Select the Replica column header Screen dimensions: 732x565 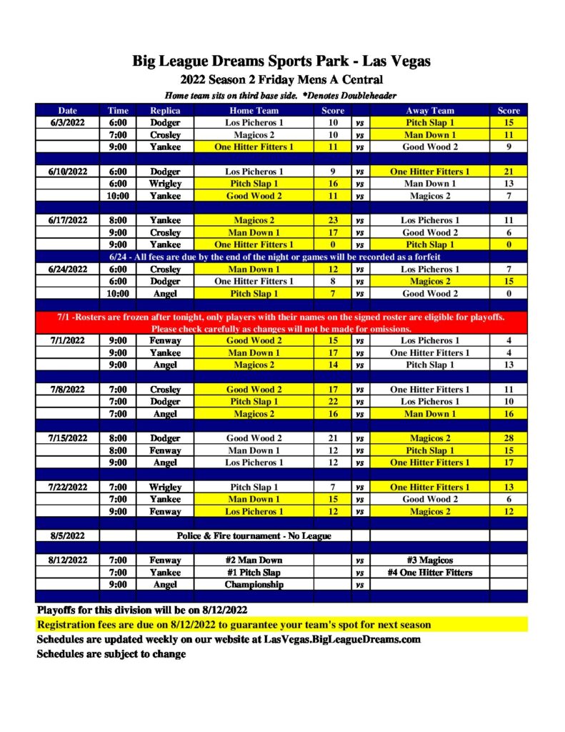pyautogui.click(x=165, y=111)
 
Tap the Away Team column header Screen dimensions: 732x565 pyautogui.click(x=430, y=111)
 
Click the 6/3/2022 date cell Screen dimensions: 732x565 pyautogui.click(x=67, y=123)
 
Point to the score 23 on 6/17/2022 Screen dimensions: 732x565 pyautogui.click(x=333, y=220)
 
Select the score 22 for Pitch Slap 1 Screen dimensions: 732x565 pyautogui.click(x=333, y=402)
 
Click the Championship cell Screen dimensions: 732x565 pyautogui.click(x=254, y=584)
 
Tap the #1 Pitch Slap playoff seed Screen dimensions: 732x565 pyautogui.click(x=254, y=572)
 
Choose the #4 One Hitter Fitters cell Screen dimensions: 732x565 pyautogui.click(x=430, y=572)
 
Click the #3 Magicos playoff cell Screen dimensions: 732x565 pyautogui.click(x=430, y=560)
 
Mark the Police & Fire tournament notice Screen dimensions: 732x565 pyautogui.click(x=254, y=535)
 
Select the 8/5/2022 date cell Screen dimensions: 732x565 pyautogui.click(x=67, y=535)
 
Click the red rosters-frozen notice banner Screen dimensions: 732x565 pyautogui.click(x=281, y=322)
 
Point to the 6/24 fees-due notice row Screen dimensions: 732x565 pyautogui.click(x=281, y=257)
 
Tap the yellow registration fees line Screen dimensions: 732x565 pyautogui.click(x=234, y=625)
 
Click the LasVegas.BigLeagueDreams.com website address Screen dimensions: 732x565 pyautogui.click(x=340, y=639)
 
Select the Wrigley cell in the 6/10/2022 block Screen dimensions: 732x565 pyautogui.click(x=165, y=184)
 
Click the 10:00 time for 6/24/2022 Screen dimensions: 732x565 pyautogui.click(x=118, y=293)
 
